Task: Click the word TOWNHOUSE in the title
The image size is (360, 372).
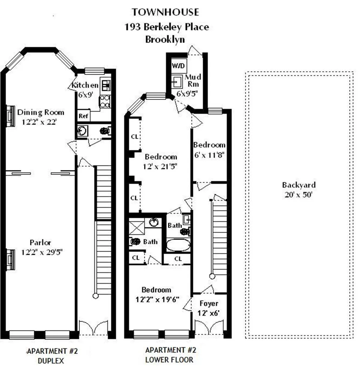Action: (x=165, y=12)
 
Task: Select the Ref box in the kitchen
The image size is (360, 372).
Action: (x=83, y=115)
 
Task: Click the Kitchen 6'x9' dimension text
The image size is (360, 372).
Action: (x=85, y=95)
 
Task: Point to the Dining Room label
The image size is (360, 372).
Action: (x=40, y=112)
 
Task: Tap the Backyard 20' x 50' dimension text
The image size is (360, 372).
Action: (x=298, y=195)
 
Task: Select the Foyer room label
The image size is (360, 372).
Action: (x=209, y=303)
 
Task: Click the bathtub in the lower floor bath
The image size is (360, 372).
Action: (x=178, y=245)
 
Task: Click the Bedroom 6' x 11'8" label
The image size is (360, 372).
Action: (x=209, y=145)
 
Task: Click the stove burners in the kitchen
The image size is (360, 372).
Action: (x=105, y=101)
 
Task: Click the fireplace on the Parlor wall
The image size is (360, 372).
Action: (x=10, y=259)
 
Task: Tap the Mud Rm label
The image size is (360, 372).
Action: (x=193, y=80)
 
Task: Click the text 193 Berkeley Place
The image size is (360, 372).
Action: (x=166, y=27)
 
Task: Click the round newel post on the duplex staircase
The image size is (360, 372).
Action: (x=95, y=296)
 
